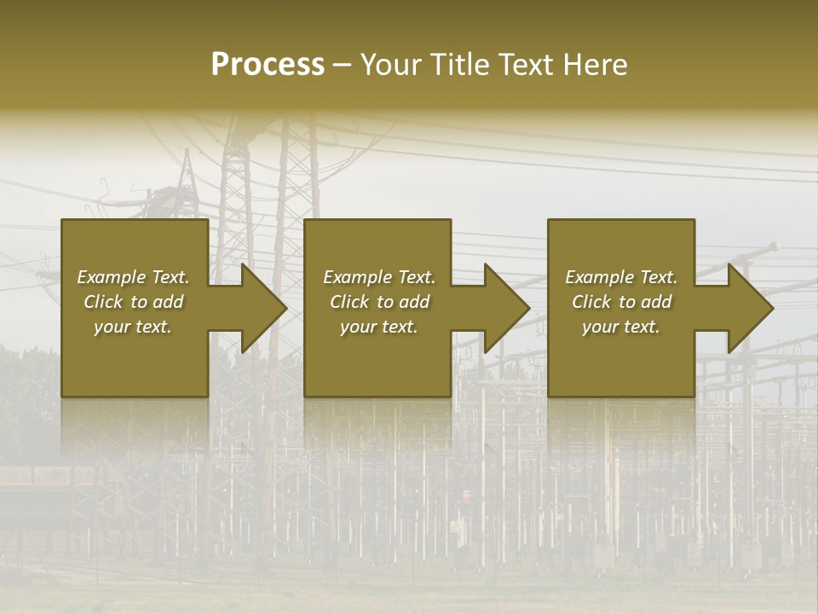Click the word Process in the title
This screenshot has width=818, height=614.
pos(268,65)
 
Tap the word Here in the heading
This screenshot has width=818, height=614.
pos(595,65)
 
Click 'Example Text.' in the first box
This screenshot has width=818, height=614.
pos(133,277)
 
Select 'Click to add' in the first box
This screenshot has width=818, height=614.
pos(133,302)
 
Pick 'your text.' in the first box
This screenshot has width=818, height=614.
pos(133,327)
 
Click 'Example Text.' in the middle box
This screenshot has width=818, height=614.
pos(378,277)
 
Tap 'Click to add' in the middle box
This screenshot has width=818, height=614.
pos(378,302)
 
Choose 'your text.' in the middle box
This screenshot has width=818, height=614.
pos(378,327)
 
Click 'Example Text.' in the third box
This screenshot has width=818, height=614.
pos(621,277)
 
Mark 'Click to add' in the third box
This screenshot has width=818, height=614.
pos(621,302)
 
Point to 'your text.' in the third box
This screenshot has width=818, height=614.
pos(621,327)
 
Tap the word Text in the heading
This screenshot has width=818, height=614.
pos(524,65)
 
